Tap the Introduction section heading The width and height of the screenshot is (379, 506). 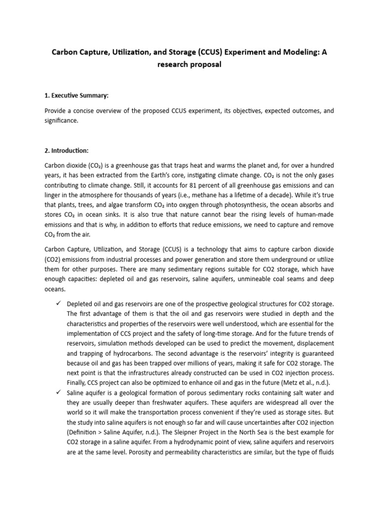[x=67, y=150]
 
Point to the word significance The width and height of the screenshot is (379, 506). [x=60, y=122]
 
